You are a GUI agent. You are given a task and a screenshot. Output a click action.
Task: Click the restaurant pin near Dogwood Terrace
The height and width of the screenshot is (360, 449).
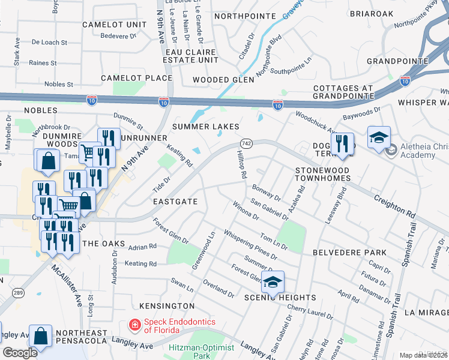coord(342,144)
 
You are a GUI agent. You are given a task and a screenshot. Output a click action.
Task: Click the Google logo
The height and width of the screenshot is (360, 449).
coord(19,353)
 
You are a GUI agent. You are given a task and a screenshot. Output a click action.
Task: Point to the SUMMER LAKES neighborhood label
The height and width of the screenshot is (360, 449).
coord(206,127)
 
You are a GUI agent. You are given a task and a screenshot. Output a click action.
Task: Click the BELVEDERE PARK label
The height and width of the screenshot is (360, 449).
coord(349,253)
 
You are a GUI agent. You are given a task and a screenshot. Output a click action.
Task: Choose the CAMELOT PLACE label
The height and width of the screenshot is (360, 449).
coord(136,78)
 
